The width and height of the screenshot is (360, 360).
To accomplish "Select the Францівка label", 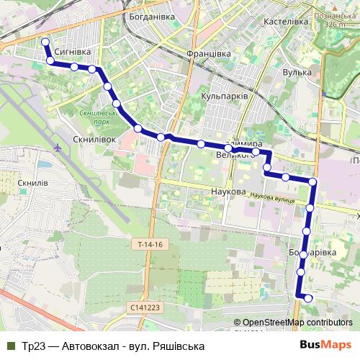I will coord(208,53).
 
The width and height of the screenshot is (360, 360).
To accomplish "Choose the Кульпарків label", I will coord(225,95).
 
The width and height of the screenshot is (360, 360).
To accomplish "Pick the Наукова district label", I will coord(229,192).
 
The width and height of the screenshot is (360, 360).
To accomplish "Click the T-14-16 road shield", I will coord(149,246).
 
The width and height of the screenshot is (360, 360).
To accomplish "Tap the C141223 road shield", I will coord(148,307).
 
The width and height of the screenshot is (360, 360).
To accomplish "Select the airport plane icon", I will coord(56,147).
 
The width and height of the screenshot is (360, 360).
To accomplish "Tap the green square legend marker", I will coord(10,346).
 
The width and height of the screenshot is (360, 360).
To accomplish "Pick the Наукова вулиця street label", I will coord(274,197).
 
